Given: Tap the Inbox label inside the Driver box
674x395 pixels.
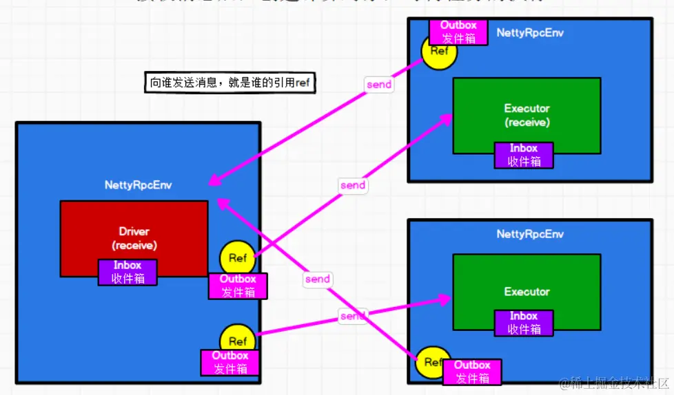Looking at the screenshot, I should click(127, 272).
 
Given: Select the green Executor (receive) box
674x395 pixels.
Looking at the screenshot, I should click(527, 114).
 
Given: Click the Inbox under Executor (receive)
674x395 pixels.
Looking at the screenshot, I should click(524, 155).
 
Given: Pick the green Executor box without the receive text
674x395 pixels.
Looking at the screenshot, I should click(527, 292).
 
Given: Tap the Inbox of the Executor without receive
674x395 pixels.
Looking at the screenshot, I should click(524, 323).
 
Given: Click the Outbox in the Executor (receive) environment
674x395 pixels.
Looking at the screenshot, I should click(458, 32).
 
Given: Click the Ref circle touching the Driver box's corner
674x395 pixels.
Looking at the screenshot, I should click(237, 259).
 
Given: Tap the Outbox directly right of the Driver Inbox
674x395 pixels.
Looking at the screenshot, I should click(238, 286).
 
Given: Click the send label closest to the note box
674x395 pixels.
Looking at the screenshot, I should click(379, 85).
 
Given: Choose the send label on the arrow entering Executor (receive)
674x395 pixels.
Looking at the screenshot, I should click(353, 185).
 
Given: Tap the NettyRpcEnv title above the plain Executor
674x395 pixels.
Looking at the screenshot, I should click(530, 234).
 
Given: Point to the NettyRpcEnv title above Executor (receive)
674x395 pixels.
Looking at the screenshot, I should click(530, 32).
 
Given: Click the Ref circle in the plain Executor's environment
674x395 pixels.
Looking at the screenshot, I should click(433, 363).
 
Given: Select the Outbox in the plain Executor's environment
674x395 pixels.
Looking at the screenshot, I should click(472, 372).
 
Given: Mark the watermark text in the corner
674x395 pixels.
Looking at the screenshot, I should click(615, 383).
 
